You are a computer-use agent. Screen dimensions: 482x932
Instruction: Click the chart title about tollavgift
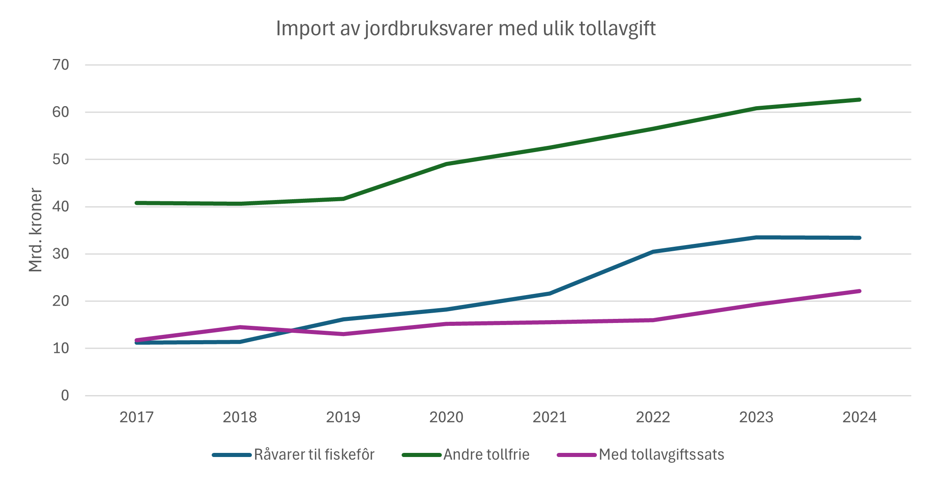click(x=466, y=29)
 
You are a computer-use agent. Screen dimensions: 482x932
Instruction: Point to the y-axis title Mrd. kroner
click(x=36, y=230)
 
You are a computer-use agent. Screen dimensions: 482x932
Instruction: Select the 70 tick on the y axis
click(x=61, y=65)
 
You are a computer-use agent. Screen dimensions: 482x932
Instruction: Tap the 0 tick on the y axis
click(x=65, y=396)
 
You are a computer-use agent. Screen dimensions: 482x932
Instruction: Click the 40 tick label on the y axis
click(x=61, y=207)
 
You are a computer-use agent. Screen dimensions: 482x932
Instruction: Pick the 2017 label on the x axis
click(x=137, y=417)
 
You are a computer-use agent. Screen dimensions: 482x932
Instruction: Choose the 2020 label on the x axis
click(x=446, y=417)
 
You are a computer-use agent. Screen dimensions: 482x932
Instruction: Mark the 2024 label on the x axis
click(x=859, y=417)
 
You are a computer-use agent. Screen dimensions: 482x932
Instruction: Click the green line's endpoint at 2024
click(x=859, y=100)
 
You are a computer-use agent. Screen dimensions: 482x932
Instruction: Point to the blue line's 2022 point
click(x=653, y=252)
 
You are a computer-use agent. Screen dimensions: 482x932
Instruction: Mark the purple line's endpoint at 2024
click(x=859, y=291)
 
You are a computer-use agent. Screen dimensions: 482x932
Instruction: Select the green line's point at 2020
click(x=446, y=164)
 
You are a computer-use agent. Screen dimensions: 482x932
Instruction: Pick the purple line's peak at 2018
click(x=240, y=327)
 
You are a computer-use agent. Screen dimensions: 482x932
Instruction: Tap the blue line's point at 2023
click(x=756, y=237)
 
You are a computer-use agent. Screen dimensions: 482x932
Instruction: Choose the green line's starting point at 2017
click(x=137, y=203)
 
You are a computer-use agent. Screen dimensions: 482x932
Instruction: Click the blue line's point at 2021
click(x=549, y=293)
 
